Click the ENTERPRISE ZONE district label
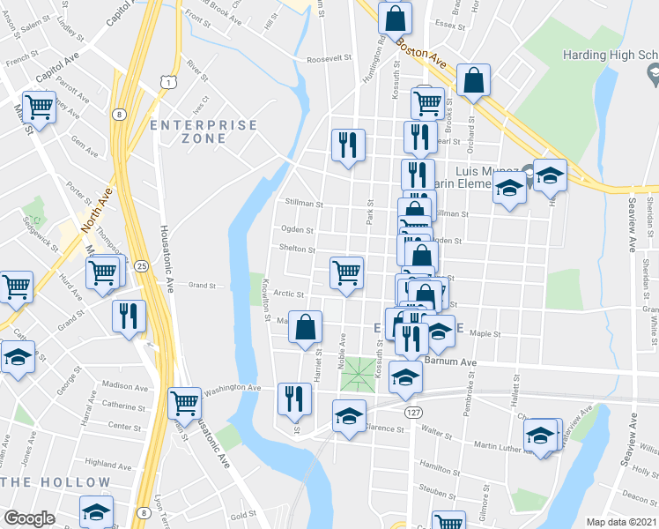click(204, 134)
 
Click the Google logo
click(30, 518)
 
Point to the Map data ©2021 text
click(621, 522)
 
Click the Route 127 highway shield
click(411, 412)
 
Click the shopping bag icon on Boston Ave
click(474, 80)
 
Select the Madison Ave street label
click(124, 386)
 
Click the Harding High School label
click(611, 56)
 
